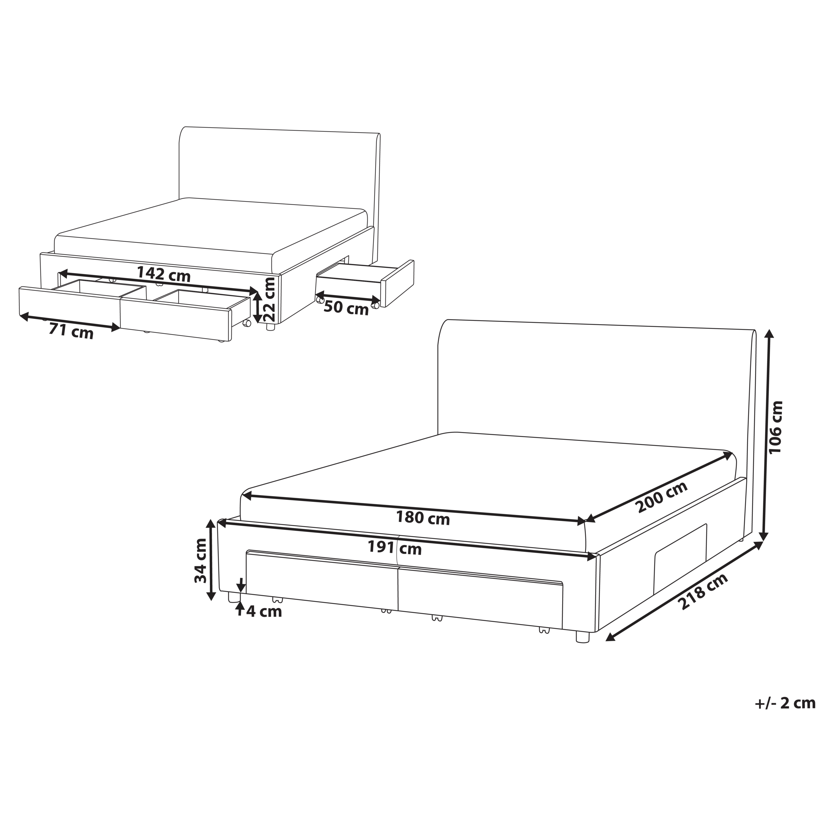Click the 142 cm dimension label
point(164,275)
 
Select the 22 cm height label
point(269,299)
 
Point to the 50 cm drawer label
point(346,308)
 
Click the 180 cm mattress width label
point(423,518)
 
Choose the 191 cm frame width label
point(395,548)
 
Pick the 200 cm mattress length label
point(662,496)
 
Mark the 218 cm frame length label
point(703,592)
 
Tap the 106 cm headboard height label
point(776,427)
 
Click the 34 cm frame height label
point(200,561)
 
